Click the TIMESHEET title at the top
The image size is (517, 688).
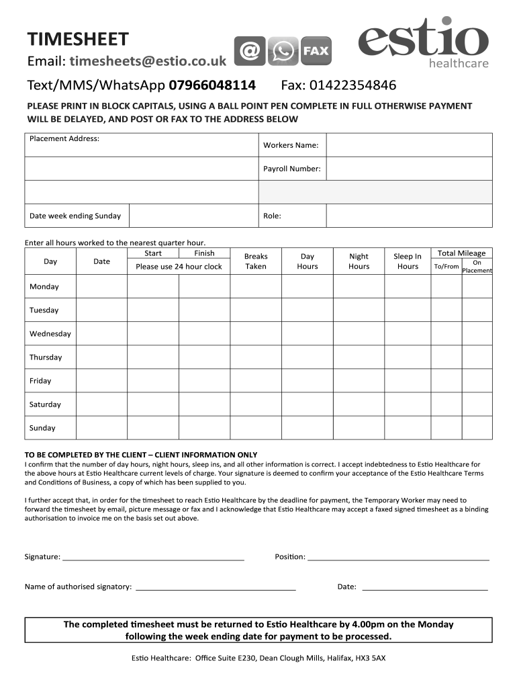pyautogui.click(x=77, y=39)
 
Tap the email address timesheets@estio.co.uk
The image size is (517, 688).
pyautogui.click(x=147, y=61)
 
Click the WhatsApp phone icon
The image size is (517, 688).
pyautogui.click(x=283, y=51)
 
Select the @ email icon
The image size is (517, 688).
pyautogui.click(x=249, y=51)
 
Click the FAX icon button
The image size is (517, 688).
pyautogui.click(x=316, y=51)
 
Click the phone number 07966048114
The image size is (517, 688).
pyautogui.click(x=212, y=85)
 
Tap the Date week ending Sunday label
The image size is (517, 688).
pyautogui.click(x=75, y=216)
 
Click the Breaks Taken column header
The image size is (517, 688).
pyautogui.click(x=256, y=261)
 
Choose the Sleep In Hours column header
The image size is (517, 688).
pyautogui.click(x=408, y=261)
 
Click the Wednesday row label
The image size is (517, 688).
pyautogui.click(x=50, y=334)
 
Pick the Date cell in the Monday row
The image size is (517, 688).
pyautogui.click(x=101, y=287)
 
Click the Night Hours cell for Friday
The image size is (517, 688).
pyautogui.click(x=359, y=381)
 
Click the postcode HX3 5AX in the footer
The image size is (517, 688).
pyautogui.click(x=371, y=658)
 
